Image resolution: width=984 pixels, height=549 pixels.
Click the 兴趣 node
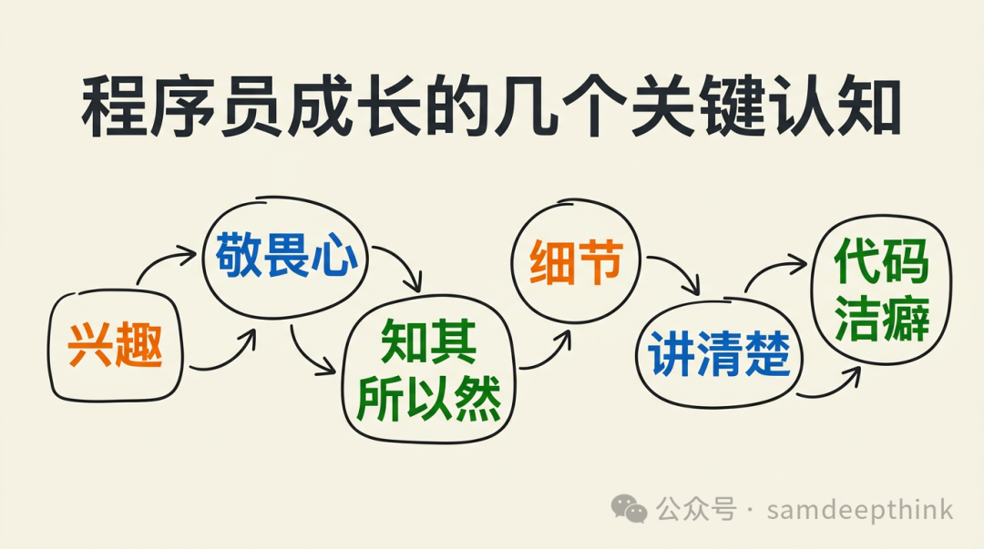tap(116, 346)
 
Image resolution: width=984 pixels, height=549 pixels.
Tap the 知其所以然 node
tap(428, 371)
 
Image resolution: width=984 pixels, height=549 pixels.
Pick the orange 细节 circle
tap(576, 264)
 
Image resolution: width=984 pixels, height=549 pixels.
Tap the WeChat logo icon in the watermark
tap(630, 508)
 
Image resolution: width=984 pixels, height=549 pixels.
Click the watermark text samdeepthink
tap(859, 509)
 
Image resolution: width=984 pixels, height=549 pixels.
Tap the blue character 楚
tap(767, 356)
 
